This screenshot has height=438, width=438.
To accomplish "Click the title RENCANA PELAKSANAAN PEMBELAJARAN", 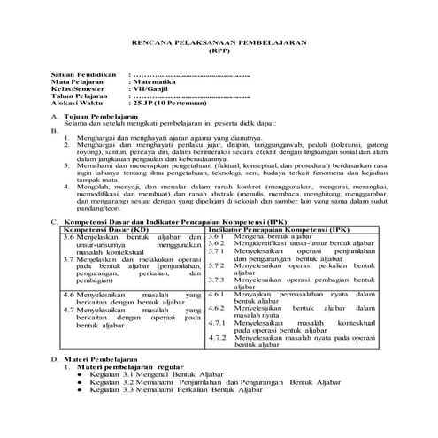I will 218,41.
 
